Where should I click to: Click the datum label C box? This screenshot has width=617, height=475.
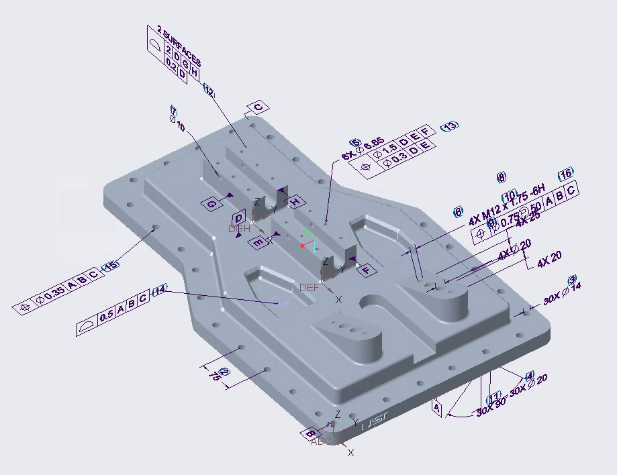(258, 107)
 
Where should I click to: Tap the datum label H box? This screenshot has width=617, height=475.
(295, 202)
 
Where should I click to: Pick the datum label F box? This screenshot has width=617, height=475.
(366, 270)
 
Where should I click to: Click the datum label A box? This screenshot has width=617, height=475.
(437, 407)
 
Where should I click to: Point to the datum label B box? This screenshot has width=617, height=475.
(310, 433)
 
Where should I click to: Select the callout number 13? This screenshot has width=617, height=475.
(449, 126)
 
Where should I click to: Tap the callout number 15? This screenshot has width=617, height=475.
(110, 266)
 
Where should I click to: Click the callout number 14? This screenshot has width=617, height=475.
(159, 291)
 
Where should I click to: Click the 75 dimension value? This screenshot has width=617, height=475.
(216, 376)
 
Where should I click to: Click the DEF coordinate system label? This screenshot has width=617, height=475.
(310, 287)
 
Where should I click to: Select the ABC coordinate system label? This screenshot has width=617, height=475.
(321, 441)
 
